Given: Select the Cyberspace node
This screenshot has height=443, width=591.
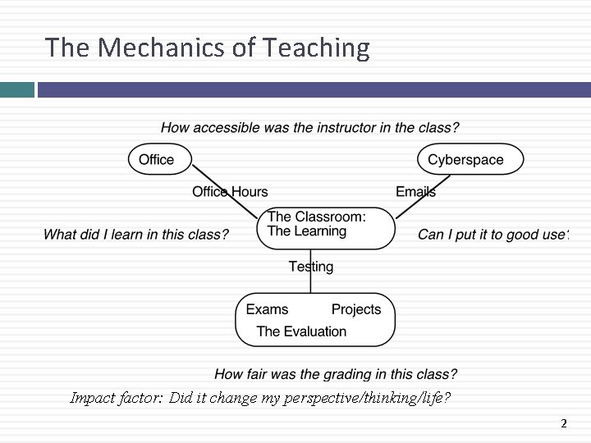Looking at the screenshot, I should [x=470, y=159].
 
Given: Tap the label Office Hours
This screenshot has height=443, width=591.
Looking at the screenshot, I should [x=230, y=192].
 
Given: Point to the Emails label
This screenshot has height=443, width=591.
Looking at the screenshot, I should [x=415, y=192].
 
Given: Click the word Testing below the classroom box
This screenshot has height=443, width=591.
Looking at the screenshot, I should [x=311, y=267].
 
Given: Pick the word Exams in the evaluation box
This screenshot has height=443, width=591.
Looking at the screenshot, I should [x=267, y=309].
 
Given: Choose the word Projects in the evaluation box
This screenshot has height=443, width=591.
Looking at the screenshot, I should [x=356, y=309].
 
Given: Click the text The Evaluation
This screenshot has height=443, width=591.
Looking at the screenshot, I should [x=301, y=331].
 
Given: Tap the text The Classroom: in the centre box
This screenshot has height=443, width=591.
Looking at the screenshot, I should [x=317, y=217].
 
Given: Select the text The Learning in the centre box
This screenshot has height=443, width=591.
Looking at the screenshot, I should [x=307, y=231].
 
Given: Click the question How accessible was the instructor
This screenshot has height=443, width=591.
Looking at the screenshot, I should [x=309, y=128].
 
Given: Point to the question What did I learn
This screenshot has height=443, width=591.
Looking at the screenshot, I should [x=135, y=235].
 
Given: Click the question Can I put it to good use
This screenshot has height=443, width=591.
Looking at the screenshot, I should [x=492, y=235].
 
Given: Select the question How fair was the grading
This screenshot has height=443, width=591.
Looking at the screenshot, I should [x=336, y=374].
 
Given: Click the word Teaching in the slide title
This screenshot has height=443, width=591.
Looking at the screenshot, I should [x=317, y=48].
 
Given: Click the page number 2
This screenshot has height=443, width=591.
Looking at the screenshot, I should [x=563, y=424].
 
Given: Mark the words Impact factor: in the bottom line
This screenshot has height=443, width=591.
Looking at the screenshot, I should [x=117, y=399].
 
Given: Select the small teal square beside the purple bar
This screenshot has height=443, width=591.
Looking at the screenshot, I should [x=16, y=89].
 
